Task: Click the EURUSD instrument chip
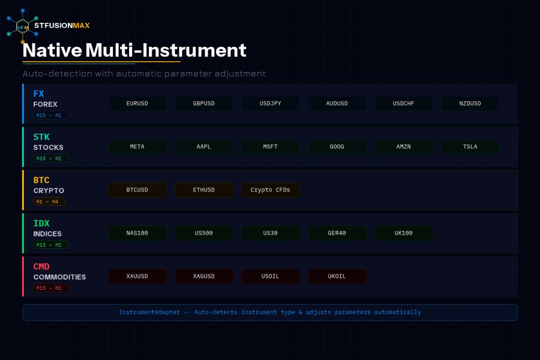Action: (x=137, y=103)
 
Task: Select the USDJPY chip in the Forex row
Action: (x=271, y=103)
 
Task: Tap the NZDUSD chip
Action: (x=470, y=103)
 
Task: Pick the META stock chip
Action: (x=137, y=147)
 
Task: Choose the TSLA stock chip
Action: (x=470, y=147)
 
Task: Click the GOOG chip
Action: (x=337, y=147)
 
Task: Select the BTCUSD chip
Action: (x=137, y=190)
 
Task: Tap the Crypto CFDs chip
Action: (x=271, y=190)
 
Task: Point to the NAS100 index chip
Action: (x=137, y=233)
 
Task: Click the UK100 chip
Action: (x=404, y=233)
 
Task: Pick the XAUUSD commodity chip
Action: (x=137, y=276)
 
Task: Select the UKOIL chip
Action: (x=337, y=276)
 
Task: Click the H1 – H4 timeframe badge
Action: (x=49, y=202)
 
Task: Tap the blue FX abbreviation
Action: (x=38, y=94)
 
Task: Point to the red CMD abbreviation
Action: (x=41, y=266)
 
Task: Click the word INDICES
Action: (x=47, y=234)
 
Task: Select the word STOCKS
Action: (x=48, y=148)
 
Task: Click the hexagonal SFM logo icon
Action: (x=22, y=26)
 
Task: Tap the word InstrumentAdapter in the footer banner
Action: (x=149, y=313)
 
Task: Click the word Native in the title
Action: (x=52, y=50)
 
